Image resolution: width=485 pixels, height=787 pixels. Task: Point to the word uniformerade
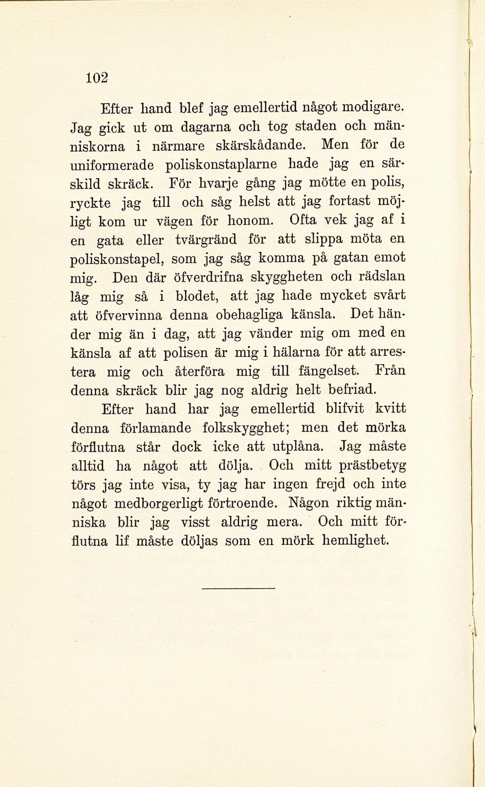coord(112,165)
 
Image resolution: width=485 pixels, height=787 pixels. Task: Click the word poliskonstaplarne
coord(221,165)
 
